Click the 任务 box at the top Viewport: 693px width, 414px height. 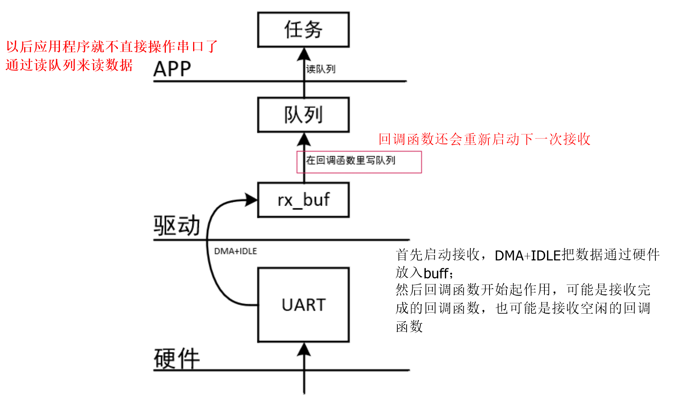[303, 30]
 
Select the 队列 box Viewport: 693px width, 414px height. [303, 115]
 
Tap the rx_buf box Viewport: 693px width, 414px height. [303, 200]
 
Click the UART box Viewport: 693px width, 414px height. [303, 305]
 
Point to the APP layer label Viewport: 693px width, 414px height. [172, 70]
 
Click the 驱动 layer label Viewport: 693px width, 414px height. [177, 226]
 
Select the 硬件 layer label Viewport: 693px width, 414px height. [177, 359]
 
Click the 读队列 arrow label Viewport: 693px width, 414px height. [321, 69]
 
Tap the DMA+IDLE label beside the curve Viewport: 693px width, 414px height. [235, 251]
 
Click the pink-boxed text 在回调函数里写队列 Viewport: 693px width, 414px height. [350, 160]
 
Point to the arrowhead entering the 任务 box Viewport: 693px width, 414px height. [304, 54]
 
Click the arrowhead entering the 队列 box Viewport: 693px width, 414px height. [304, 139]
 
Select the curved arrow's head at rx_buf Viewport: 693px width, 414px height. [251, 200]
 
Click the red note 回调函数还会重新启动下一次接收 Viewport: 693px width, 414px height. [484, 139]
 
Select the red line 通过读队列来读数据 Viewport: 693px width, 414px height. [69, 65]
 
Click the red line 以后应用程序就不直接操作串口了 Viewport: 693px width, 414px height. [112, 47]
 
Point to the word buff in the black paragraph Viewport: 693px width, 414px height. [436, 273]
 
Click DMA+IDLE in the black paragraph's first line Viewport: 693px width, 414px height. [528, 255]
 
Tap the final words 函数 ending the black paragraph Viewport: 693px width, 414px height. [409, 327]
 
